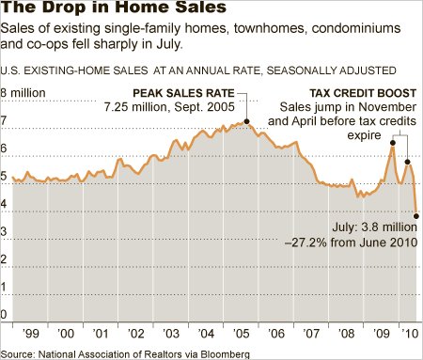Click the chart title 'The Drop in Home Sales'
tap(113, 7)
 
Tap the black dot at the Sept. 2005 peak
tap(246, 121)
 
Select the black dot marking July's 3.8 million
tap(416, 216)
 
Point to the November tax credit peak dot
tap(393, 143)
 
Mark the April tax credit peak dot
tap(407, 162)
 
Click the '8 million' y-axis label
tap(23, 93)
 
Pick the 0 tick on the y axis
tap(4, 314)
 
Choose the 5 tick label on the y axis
tap(4, 176)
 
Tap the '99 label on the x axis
tap(30, 334)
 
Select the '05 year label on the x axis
tap(241, 334)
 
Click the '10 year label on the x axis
tap(410, 334)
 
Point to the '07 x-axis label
tap(311, 334)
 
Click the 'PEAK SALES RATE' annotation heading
tap(183, 93)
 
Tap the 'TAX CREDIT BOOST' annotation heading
tap(363, 93)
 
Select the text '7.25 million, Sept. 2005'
tap(169, 107)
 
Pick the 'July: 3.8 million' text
tap(375, 227)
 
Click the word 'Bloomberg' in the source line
tap(226, 354)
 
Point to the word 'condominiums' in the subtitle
tap(356, 28)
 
